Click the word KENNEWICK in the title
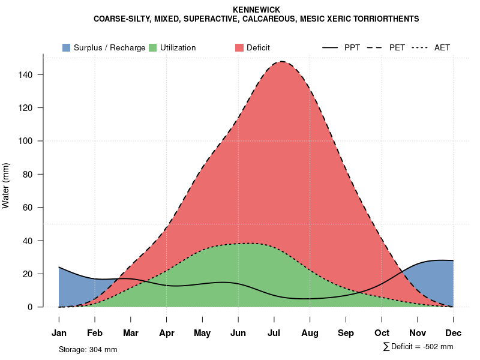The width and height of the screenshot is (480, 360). coord(256,10)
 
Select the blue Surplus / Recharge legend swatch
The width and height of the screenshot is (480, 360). coord(66,47)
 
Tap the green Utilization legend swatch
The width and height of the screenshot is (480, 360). coord(152,47)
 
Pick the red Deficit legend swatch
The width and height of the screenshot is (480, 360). coord(239,47)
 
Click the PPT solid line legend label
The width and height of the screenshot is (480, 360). coord(352,47)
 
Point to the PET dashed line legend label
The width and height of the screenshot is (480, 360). coord(397,47)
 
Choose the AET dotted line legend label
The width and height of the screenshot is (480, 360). coord(442,47)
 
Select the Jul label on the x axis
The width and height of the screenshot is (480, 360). coord(274,333)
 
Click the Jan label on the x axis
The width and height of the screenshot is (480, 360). coord(59,333)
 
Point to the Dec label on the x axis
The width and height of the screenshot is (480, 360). coord(454,333)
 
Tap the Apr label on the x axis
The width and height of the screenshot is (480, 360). coord(167,333)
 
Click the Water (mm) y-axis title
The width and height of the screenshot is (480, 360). coord(6,185)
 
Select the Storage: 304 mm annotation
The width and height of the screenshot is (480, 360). coord(88,349)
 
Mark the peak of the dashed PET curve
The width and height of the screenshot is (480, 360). coord(281,61)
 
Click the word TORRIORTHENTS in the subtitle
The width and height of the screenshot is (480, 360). coord(388,19)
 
